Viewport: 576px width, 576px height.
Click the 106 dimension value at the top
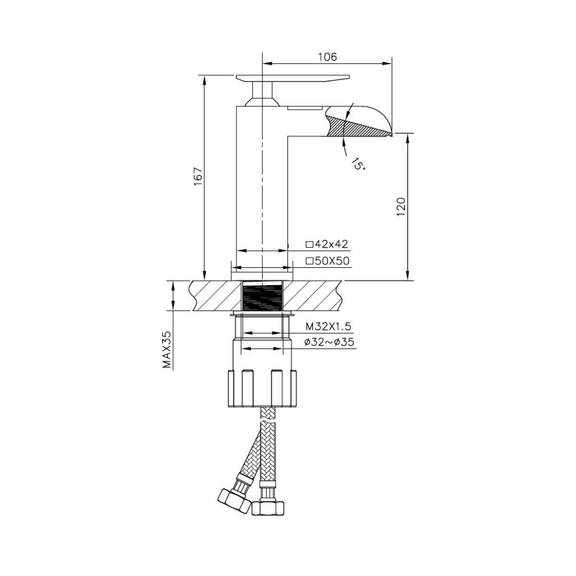327,57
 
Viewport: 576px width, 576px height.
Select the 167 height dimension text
198,177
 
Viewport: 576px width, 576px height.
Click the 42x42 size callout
327,244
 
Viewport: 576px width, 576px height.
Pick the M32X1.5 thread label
328,327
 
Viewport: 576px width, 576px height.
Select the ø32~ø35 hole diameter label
329,342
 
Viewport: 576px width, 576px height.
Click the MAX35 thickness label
166,349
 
